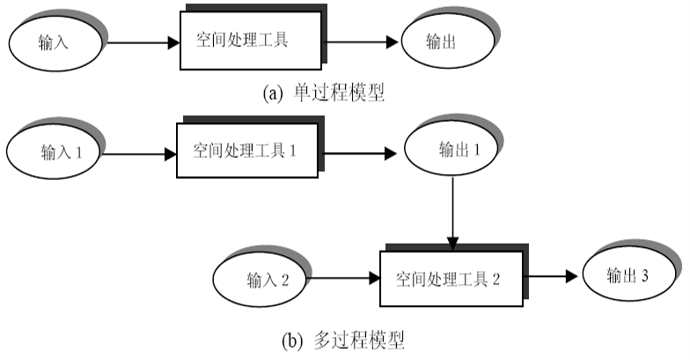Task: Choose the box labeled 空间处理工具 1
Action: click(247, 151)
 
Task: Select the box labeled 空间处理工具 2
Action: click(450, 279)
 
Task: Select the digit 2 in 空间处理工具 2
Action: click(496, 280)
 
